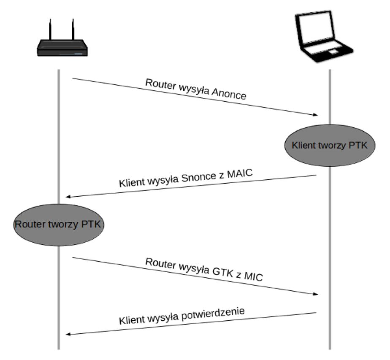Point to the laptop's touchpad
(333, 51)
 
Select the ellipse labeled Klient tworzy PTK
(330, 146)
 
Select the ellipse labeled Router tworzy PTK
(57, 224)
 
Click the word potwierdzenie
(222, 315)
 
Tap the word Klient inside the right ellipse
(303, 146)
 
